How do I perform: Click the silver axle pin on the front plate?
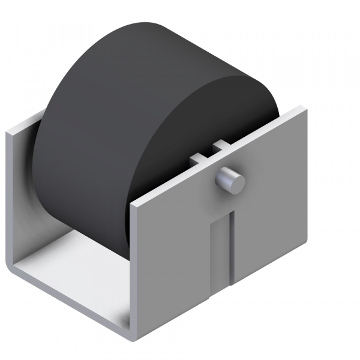coord(229,179)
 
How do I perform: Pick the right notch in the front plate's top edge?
coord(219,146)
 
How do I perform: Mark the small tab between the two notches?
coord(208,152)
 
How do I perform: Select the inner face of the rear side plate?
coord(24,198)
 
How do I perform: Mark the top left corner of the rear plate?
coord(8,133)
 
